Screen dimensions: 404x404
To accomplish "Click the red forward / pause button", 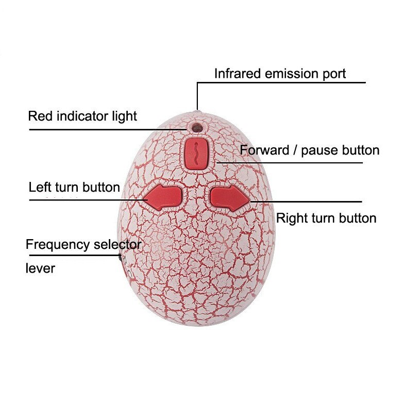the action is click(x=196, y=154).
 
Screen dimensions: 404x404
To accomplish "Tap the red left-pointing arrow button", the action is click(x=163, y=197).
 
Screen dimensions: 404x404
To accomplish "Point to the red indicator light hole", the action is click(x=197, y=127).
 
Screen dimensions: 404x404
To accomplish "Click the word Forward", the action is click(x=264, y=150).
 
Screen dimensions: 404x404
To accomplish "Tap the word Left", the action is click(x=40, y=188).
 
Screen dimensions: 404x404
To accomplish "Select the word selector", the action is click(x=117, y=244).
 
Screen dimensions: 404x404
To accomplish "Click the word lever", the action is click(x=40, y=268).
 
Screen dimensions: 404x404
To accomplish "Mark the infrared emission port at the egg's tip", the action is click(x=198, y=111).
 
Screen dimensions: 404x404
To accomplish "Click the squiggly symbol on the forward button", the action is click(x=197, y=154).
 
